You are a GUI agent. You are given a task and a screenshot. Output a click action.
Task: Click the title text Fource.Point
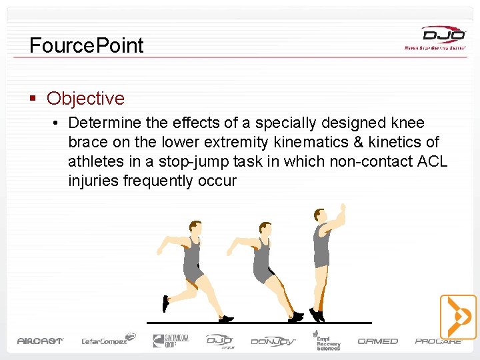point(87,45)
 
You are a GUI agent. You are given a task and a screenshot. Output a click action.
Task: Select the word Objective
point(85,99)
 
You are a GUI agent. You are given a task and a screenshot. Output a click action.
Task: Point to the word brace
point(89,143)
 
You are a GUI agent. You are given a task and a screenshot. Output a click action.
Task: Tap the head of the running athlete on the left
point(195,228)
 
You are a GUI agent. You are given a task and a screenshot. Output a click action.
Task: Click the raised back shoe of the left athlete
point(165,304)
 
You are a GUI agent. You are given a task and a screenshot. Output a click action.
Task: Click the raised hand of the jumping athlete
point(343,212)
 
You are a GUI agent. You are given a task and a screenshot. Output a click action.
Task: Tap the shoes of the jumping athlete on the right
point(317,314)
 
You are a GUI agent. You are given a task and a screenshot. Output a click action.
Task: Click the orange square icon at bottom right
point(458,317)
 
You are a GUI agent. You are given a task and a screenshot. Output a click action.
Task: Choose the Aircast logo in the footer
point(40,341)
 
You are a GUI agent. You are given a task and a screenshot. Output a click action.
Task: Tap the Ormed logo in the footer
point(377,341)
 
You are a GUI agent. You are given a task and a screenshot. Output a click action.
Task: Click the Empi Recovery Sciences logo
point(327,339)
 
